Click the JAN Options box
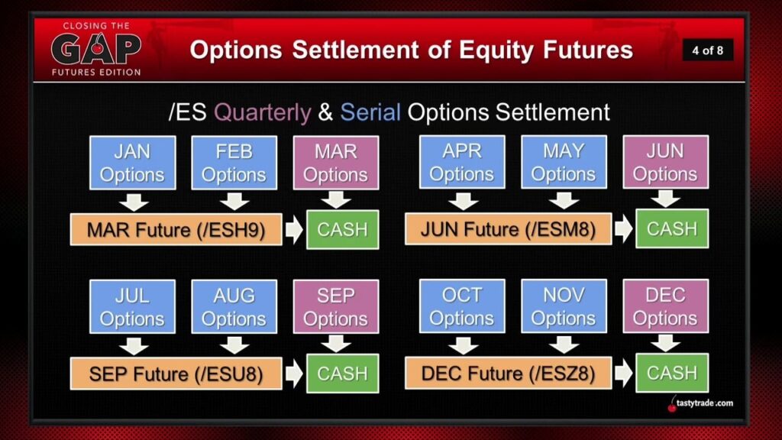pyautogui.click(x=133, y=163)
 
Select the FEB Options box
pyautogui.click(x=234, y=163)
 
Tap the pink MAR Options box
pyautogui.click(x=336, y=163)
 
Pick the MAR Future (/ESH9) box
pyautogui.click(x=176, y=229)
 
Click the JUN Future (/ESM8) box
pyautogui.click(x=508, y=229)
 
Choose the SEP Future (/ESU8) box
pyautogui.click(x=176, y=374)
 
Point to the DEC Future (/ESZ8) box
pyautogui.click(x=508, y=373)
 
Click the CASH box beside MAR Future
pyautogui.click(x=343, y=229)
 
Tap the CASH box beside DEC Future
pyautogui.click(x=672, y=373)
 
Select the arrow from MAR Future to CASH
pyautogui.click(x=294, y=230)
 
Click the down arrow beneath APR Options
pyautogui.click(x=463, y=202)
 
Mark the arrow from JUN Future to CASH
pyautogui.click(x=624, y=229)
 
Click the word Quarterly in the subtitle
pyautogui.click(x=263, y=113)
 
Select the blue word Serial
pyautogui.click(x=370, y=112)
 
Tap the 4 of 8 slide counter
pyautogui.click(x=708, y=50)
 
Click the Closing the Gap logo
pyautogui.click(x=96, y=49)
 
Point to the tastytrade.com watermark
pyautogui.click(x=700, y=403)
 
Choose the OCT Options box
pyautogui.click(x=462, y=306)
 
